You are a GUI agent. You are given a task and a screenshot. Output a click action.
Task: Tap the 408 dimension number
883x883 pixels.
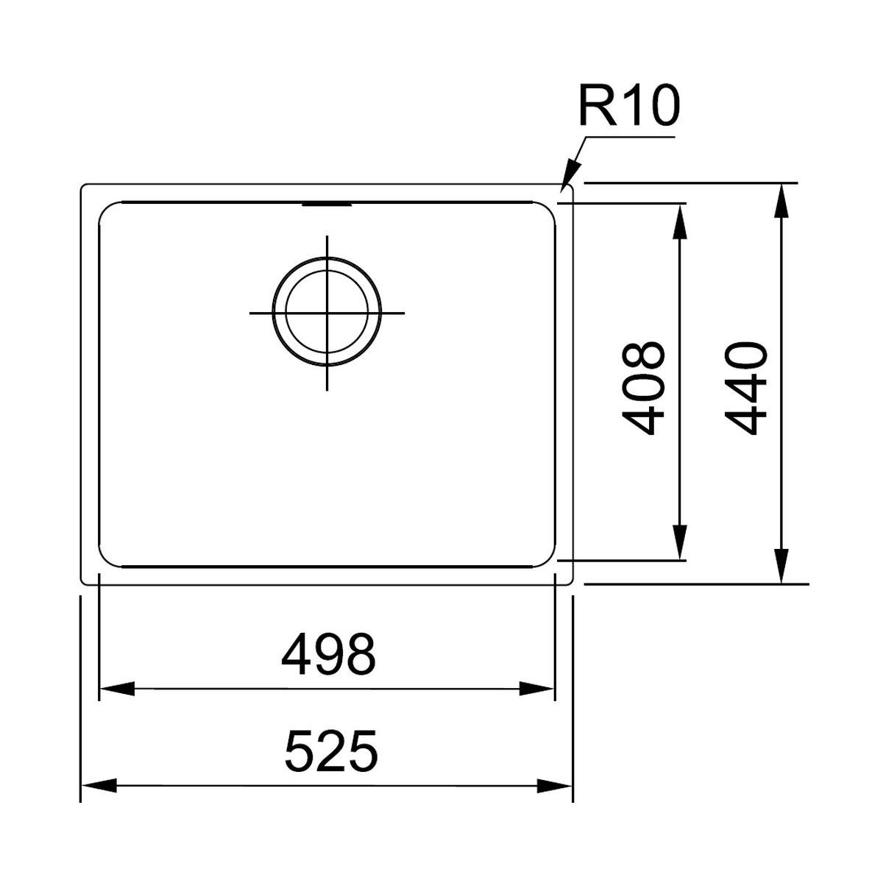point(643,389)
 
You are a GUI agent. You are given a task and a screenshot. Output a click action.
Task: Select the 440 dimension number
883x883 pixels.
point(746,389)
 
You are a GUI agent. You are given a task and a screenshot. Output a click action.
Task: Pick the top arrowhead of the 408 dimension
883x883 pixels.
point(680,221)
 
